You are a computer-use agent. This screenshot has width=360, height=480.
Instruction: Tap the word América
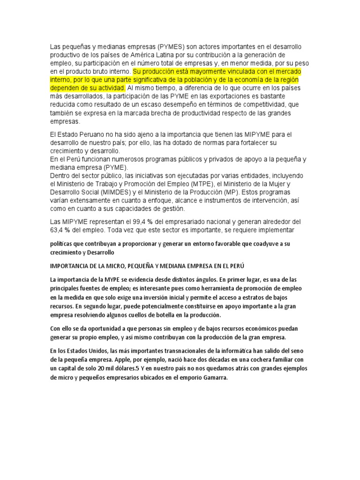[151, 55]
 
